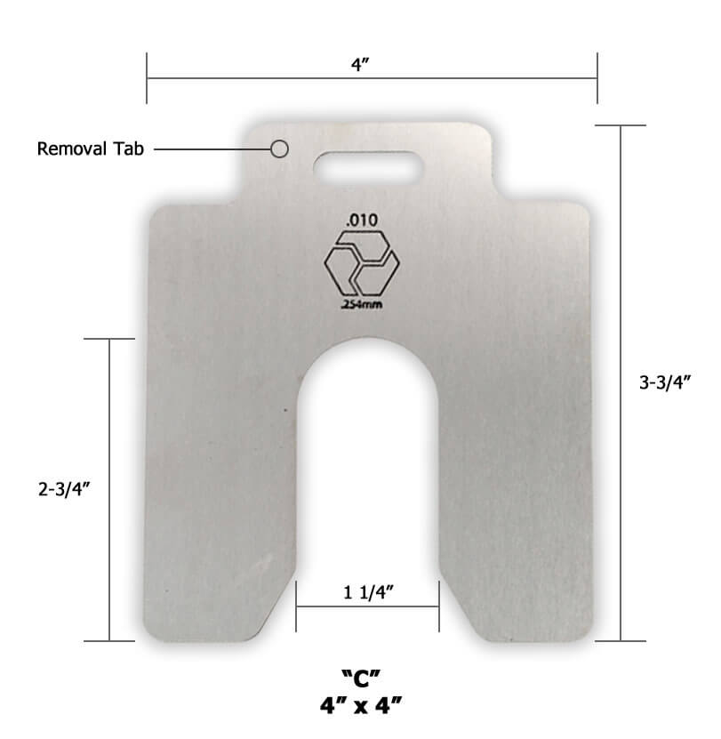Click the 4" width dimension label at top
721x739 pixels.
click(x=360, y=64)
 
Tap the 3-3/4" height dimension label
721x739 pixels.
click(x=665, y=382)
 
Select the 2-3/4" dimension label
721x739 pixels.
click(x=64, y=489)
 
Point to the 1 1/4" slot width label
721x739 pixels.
click(x=368, y=592)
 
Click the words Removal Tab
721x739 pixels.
click(x=90, y=149)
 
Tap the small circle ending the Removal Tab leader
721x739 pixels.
click(x=279, y=149)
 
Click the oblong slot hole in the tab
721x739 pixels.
click(x=368, y=167)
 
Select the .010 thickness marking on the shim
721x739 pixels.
click(x=362, y=220)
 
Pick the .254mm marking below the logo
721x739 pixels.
click(x=362, y=304)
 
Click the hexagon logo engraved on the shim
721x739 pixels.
click(x=362, y=264)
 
